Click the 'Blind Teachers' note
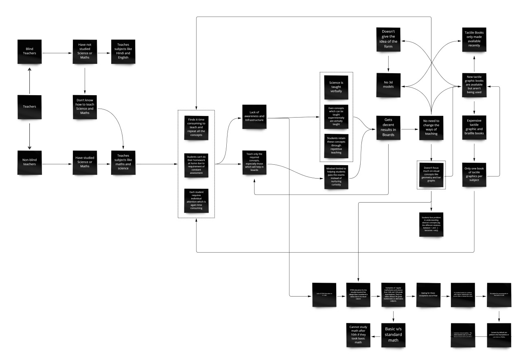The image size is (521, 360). tap(29, 52)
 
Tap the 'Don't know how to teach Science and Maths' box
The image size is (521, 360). tap(84, 107)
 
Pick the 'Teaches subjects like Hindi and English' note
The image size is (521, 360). tap(123, 52)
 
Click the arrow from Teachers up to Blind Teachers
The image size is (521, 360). tap(29, 79)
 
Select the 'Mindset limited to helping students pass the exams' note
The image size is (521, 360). tap(336, 176)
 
